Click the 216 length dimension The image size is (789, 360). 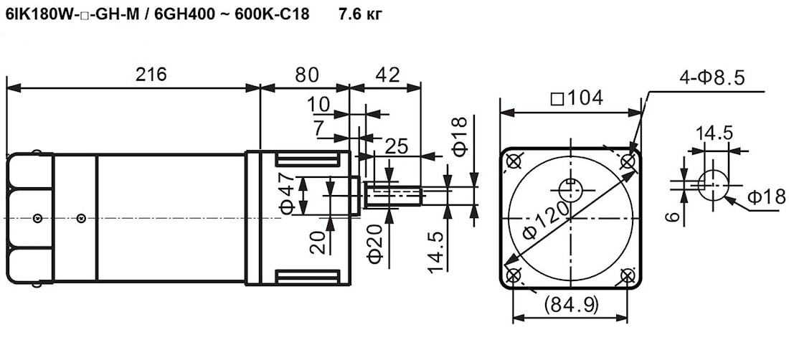151,75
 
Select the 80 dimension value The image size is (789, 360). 307,75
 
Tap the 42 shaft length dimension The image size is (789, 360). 388,75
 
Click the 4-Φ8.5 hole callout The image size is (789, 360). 712,78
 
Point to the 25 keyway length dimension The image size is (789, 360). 397,146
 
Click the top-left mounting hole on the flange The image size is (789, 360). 514,161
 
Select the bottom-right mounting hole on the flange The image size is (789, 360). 627,275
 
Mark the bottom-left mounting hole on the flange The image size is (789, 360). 514,275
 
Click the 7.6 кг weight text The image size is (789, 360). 361,15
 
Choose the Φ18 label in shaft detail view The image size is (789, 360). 766,196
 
